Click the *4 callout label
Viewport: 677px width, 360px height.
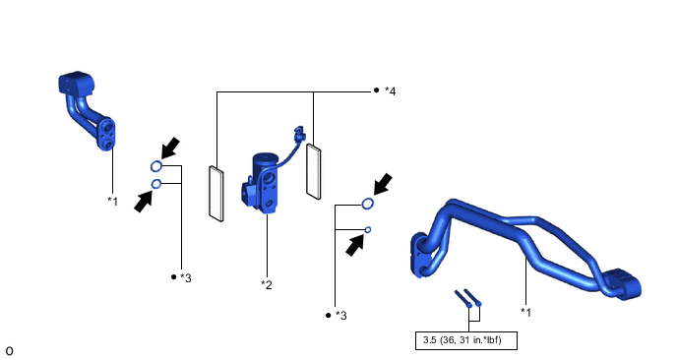coord(390,91)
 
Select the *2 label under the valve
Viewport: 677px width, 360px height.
coord(267,285)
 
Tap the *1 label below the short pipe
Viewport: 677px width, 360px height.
coord(113,202)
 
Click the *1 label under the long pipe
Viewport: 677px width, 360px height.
coord(525,312)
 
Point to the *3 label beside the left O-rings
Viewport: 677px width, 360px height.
coord(186,278)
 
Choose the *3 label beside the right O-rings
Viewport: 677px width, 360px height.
coord(341,316)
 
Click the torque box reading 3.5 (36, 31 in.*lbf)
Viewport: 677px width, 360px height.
coord(465,340)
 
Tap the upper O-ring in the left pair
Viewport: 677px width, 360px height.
coord(156,166)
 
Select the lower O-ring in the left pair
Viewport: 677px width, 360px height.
coord(156,184)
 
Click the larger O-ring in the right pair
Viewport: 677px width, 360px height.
coord(367,204)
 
